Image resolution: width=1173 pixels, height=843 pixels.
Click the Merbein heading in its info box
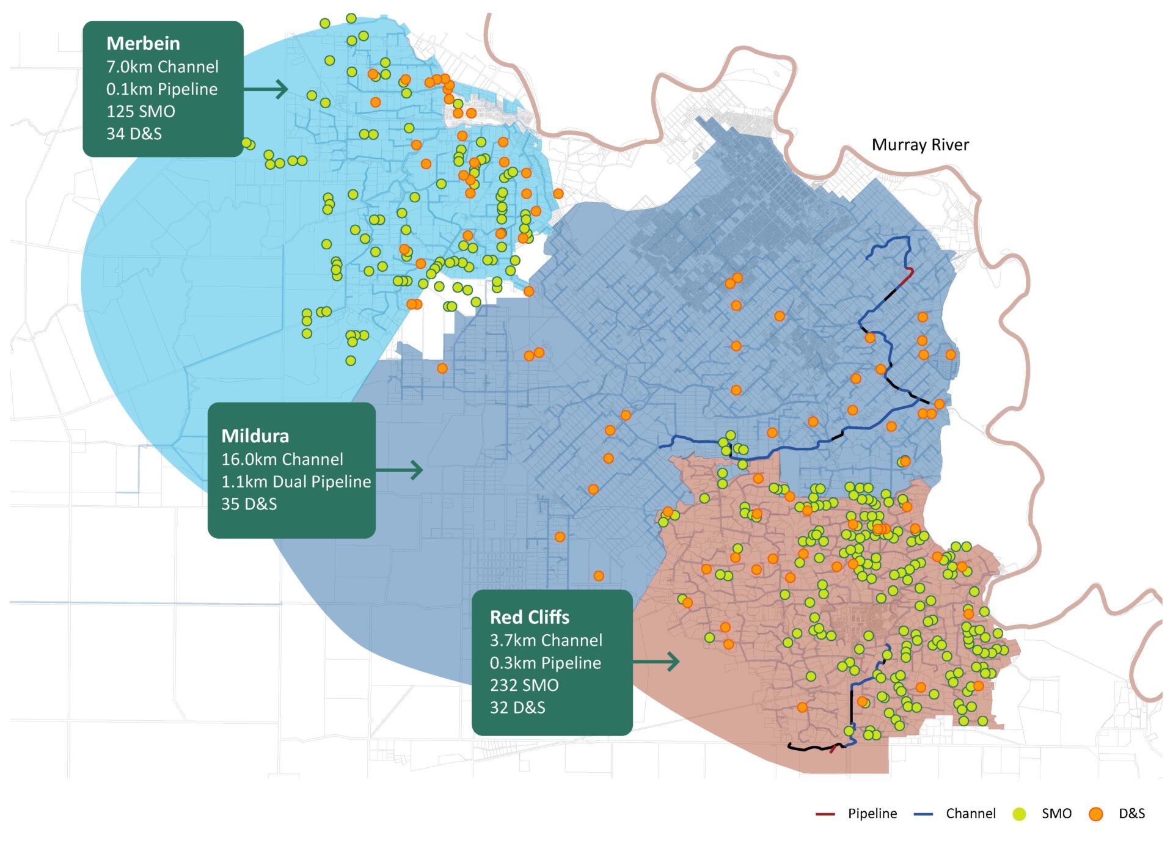pos(143,44)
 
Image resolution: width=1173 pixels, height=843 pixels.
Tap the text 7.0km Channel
pos(162,67)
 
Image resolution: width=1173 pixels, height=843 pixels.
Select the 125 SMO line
pos(141,111)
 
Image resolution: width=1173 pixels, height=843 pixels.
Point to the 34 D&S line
pos(134,134)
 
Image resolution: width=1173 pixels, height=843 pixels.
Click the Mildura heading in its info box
pos(255,436)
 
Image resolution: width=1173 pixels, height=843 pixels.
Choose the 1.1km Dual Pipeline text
pos(296,481)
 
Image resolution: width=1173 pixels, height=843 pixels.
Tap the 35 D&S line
pos(249,504)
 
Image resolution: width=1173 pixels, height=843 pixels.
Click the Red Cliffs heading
pos(529,618)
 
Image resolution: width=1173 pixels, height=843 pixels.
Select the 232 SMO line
pos(524,685)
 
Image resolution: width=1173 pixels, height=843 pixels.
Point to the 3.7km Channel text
pos(546,640)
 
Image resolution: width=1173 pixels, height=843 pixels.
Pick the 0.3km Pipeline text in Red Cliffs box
pos(545,663)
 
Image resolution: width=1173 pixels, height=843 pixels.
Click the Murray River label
pos(919,145)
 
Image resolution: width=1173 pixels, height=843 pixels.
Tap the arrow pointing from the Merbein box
pos(266,89)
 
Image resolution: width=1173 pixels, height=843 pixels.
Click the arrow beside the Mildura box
pos(400,470)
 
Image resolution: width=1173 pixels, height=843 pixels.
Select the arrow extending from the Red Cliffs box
pos(657,662)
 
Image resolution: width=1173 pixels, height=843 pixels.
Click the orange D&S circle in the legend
pos(1095,814)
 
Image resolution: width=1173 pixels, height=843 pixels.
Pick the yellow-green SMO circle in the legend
pos(1019,814)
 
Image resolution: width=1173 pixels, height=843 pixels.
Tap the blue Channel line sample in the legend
pos(923,814)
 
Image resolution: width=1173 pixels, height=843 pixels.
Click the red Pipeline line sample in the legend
pos(825,814)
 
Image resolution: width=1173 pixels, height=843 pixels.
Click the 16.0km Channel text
pos(282,459)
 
